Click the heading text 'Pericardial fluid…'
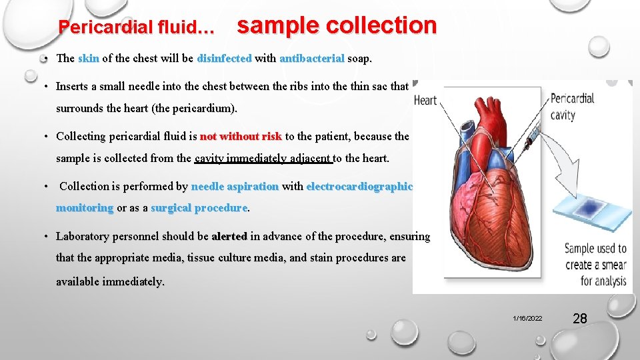pos(137,28)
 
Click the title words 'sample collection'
pos(337,25)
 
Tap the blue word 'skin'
pos(89,58)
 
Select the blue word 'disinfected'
pos(224,58)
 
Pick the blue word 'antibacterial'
pos(311,58)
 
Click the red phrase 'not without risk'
pos(241,136)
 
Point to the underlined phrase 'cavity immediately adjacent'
pos(262,158)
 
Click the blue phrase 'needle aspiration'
pos(235,186)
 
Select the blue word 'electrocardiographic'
pos(359,186)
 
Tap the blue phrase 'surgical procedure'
pos(199,208)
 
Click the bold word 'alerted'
pos(229,236)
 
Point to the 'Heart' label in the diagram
pos(425,101)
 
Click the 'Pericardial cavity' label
pos(571,107)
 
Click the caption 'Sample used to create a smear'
pos(595,264)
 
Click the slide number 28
pos(580,319)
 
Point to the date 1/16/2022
pos(527,319)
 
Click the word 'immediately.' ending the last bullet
pos(110,281)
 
